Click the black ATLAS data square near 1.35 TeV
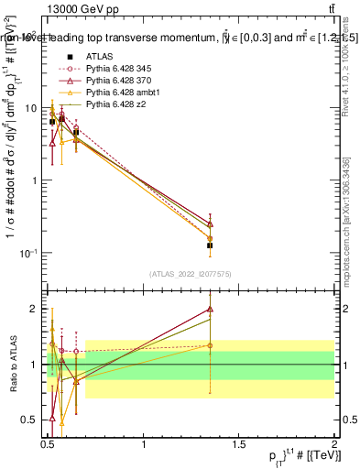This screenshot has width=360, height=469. click(x=210, y=245)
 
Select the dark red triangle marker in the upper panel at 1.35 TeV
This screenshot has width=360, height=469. click(x=210, y=224)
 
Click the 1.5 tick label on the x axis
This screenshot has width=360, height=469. click(x=238, y=445)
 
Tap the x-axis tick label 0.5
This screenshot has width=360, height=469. click(x=49, y=445)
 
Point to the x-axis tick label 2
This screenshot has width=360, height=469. click(x=333, y=445)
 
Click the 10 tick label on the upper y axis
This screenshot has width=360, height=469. click(x=32, y=108)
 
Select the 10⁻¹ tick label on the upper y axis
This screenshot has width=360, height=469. click(x=28, y=252)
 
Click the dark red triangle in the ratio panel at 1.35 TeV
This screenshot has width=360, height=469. click(x=210, y=310)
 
